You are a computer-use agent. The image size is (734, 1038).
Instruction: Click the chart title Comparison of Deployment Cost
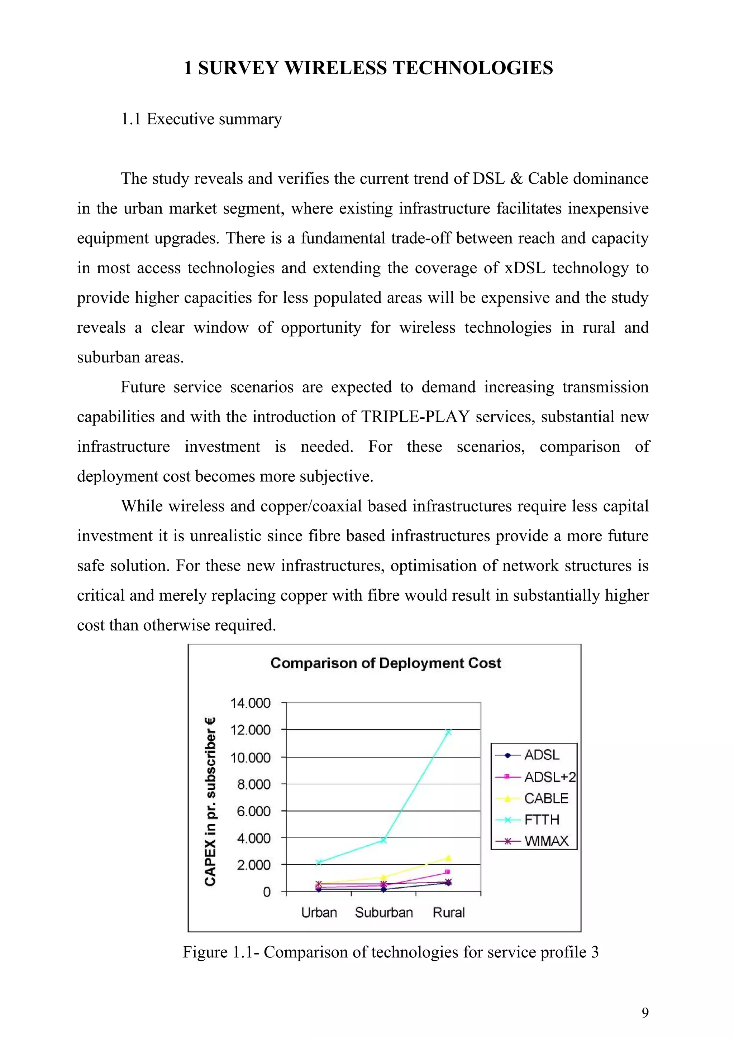[385, 663]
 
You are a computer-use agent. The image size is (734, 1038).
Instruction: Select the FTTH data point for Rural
[448, 732]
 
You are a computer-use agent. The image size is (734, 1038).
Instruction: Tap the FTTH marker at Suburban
[383, 840]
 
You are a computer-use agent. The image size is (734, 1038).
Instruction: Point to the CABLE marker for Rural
[448, 858]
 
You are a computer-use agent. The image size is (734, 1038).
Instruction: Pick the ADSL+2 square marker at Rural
[448, 872]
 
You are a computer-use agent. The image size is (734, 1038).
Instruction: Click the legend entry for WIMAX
[546, 841]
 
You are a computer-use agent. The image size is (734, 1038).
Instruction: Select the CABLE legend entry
[546, 798]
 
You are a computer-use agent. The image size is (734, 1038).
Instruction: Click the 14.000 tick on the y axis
[250, 703]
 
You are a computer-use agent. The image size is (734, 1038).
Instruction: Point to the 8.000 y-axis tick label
[254, 784]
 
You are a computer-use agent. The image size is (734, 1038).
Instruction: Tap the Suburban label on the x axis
[383, 912]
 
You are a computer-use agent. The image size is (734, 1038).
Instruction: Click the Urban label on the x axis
[319, 912]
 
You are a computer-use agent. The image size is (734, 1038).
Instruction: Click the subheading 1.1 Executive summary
[201, 119]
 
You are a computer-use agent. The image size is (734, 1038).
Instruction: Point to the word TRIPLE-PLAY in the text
[415, 416]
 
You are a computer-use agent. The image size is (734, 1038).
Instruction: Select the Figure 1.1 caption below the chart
[390, 952]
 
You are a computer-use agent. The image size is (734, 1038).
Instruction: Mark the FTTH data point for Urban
[319, 862]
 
